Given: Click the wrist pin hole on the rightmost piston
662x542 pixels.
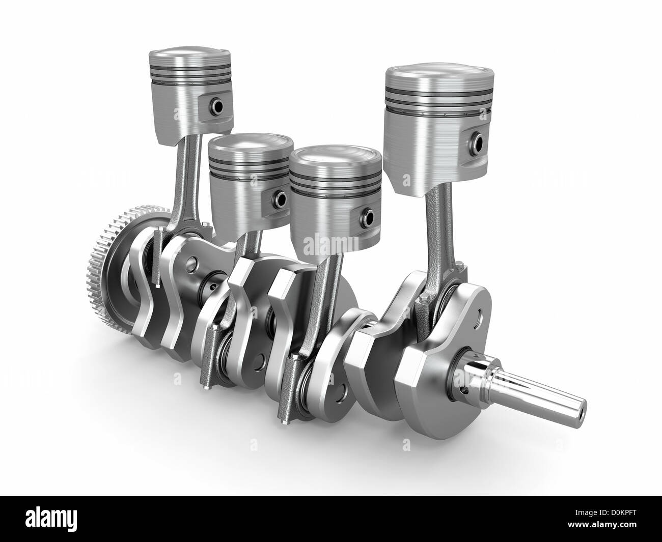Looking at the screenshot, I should click(x=478, y=138).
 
